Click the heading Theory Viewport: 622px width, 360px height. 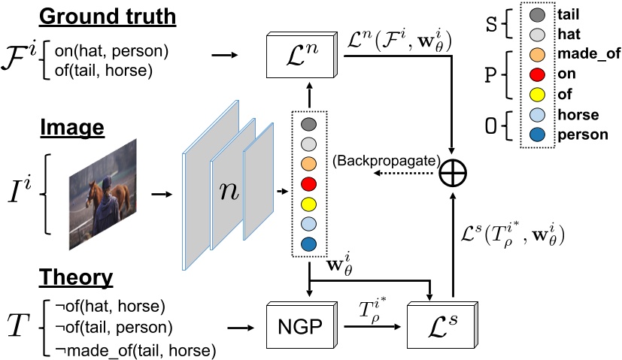point(77,277)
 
